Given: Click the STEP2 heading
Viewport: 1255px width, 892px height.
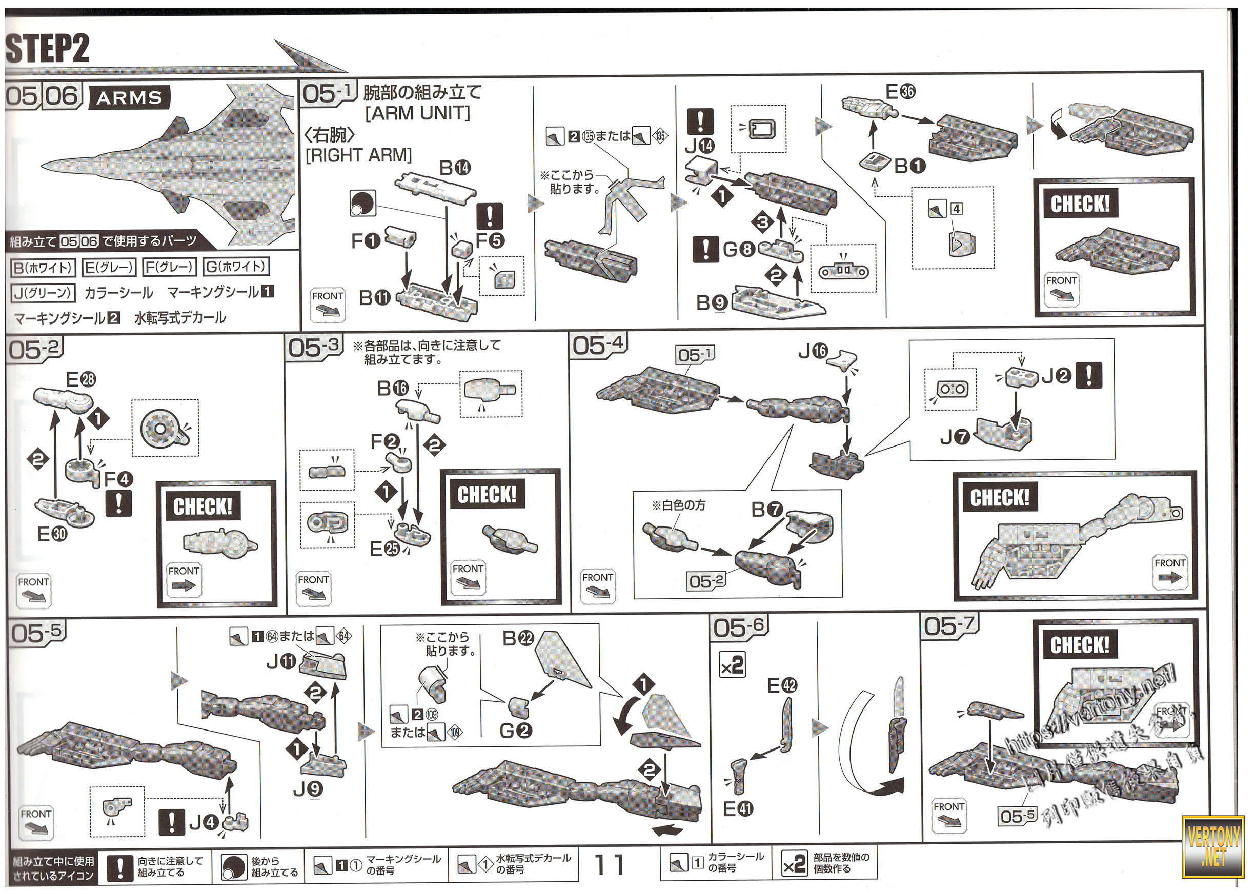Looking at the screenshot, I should pos(47,48).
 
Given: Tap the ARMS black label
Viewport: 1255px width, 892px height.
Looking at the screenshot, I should pos(129,98).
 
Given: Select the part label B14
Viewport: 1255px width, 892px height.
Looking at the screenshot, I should pos(455,168).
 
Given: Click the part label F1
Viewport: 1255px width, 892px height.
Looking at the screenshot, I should pos(365,240).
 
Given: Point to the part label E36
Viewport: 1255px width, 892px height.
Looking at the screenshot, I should pos(901,91).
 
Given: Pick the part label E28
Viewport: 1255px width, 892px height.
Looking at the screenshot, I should pos(80,379).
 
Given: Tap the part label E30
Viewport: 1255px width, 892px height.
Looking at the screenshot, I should pos(52,533).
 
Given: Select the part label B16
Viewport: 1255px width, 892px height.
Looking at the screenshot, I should pos(393,389).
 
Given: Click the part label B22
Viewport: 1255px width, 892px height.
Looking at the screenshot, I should pos(518,638).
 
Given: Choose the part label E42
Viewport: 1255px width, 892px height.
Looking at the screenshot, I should pos(782,685).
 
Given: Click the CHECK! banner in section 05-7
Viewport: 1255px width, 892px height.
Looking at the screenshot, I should pos(1080,645).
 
